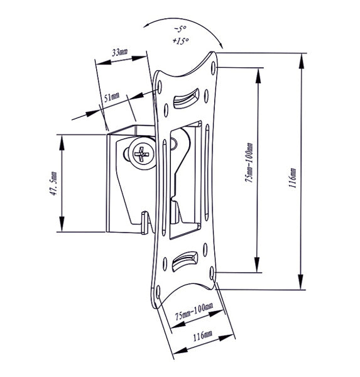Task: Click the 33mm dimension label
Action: (120, 52)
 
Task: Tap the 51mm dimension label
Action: (112, 97)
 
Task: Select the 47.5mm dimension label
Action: (53, 183)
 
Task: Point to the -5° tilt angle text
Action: (180, 29)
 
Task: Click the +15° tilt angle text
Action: (180, 41)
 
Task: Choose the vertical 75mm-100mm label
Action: (249, 163)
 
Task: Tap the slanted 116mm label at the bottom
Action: (203, 336)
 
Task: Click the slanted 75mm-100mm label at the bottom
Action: (194, 312)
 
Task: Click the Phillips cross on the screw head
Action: (141, 154)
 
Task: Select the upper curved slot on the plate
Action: (186, 99)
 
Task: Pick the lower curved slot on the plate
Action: (185, 261)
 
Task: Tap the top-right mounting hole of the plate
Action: (213, 68)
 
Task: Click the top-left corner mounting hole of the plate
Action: (160, 87)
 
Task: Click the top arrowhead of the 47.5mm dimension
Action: (62, 143)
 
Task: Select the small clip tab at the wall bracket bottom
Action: (145, 222)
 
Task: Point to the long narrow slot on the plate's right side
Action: (207, 172)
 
